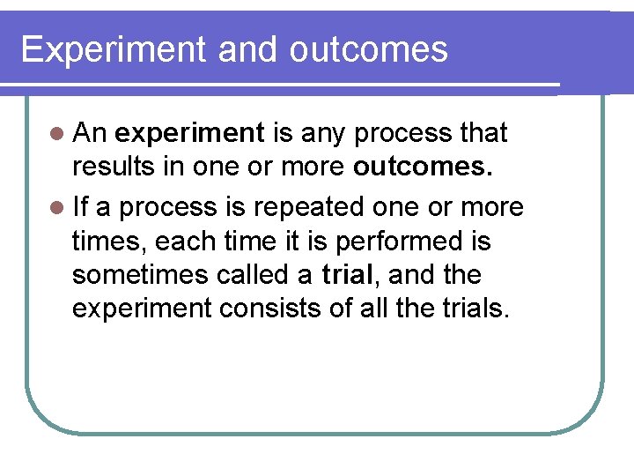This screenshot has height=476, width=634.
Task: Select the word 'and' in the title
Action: [249, 50]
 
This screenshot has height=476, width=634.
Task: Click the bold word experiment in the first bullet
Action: [189, 134]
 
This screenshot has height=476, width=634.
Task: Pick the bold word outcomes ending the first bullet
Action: [421, 168]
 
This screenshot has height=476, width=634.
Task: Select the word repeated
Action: [305, 208]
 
